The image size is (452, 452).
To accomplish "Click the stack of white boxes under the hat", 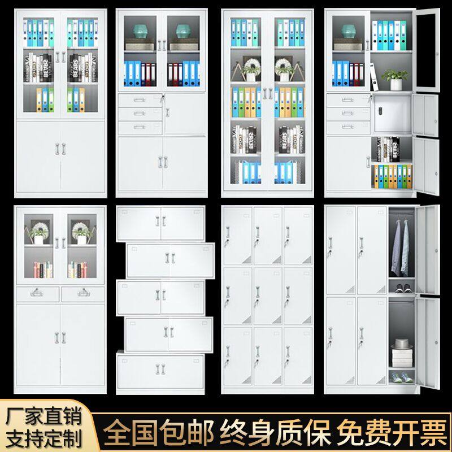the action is [x=401, y=357].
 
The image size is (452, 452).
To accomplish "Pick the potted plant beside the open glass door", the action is [x=395, y=79].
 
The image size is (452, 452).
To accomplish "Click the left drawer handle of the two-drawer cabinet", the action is [x=37, y=292].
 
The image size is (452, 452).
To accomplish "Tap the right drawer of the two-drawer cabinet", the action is [x=82, y=293].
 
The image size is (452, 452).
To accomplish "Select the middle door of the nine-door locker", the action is [x=267, y=295].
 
